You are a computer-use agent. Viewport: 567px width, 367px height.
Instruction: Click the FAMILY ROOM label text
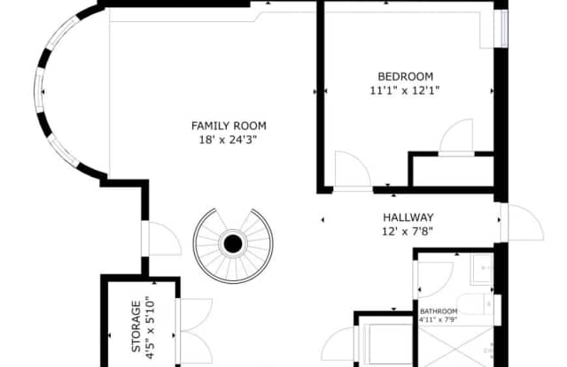pyautogui.click(x=229, y=126)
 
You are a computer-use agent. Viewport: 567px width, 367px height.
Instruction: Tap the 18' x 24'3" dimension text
pyautogui.click(x=229, y=139)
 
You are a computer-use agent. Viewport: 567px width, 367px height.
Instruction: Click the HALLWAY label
pyautogui.click(x=408, y=218)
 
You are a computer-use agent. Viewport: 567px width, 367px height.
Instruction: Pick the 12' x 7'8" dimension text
pyautogui.click(x=408, y=232)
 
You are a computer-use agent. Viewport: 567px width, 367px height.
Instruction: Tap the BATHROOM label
pyautogui.click(x=439, y=311)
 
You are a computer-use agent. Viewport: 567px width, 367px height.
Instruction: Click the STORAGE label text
pyautogui.click(x=136, y=326)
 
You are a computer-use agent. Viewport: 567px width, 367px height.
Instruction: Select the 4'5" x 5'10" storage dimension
pyautogui.click(x=151, y=326)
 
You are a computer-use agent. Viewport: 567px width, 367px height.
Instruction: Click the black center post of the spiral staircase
pyautogui.click(x=234, y=242)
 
